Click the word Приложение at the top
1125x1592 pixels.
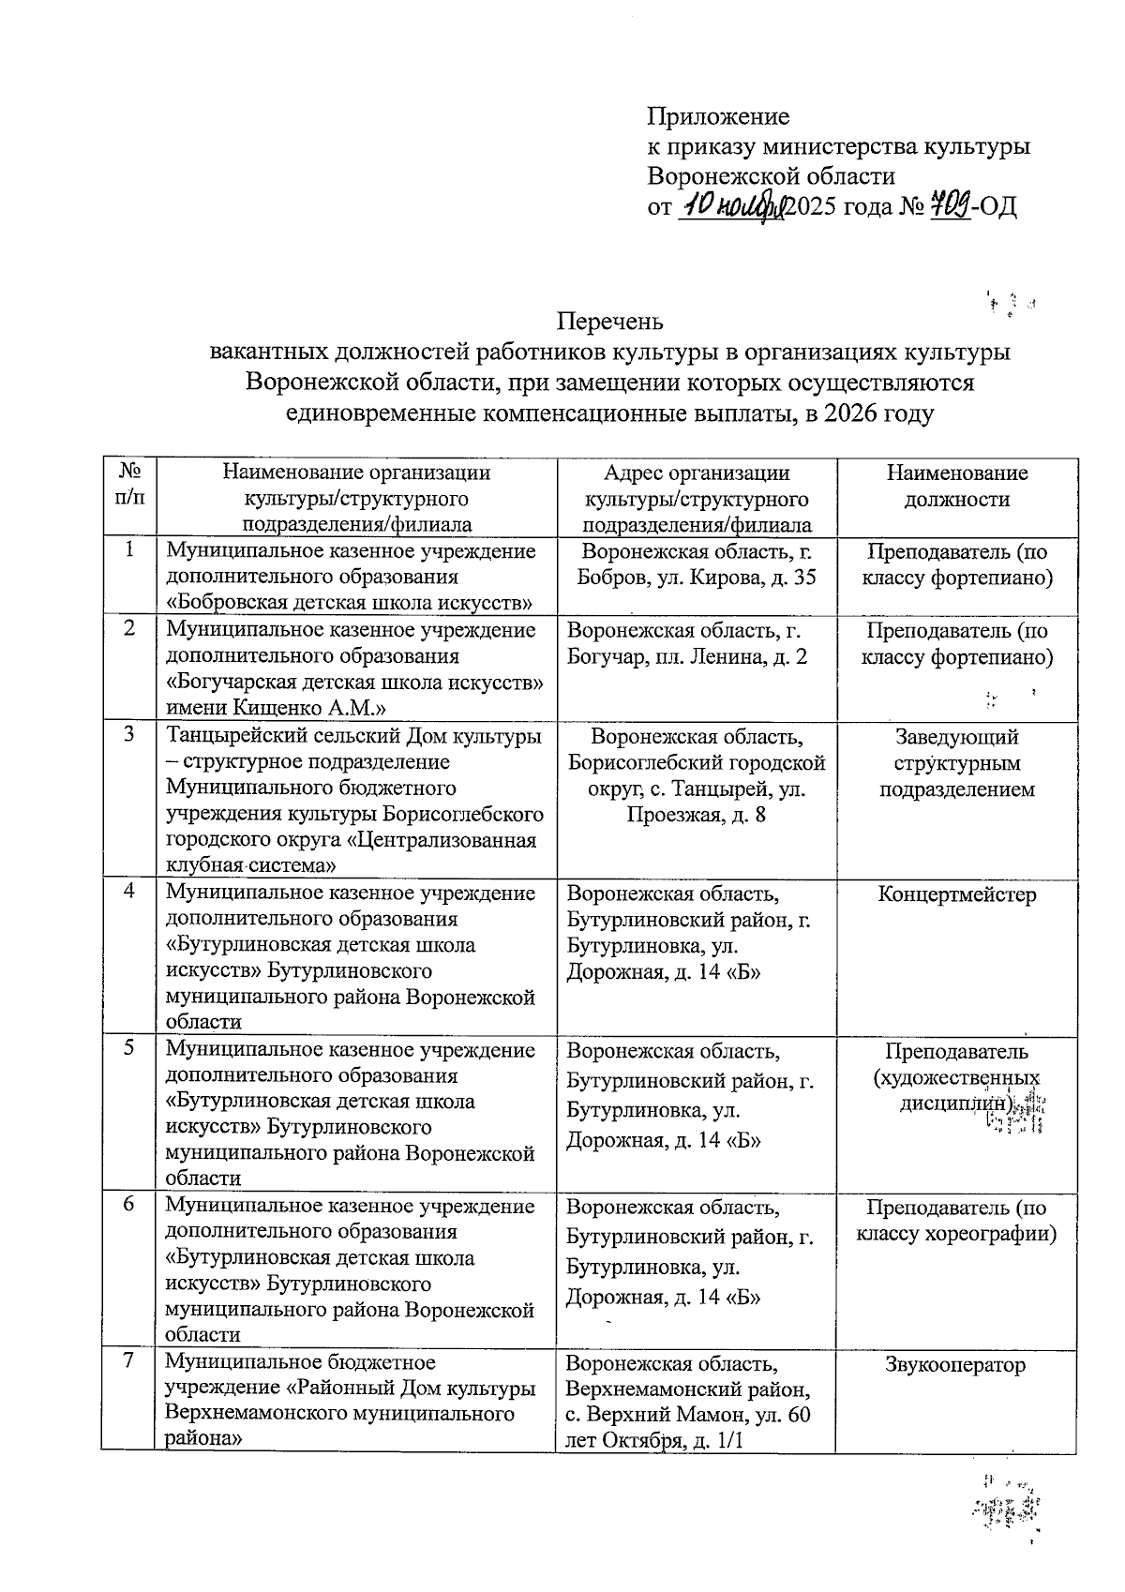click(x=718, y=117)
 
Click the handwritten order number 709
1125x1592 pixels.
click(x=948, y=204)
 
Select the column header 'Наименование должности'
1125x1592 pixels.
click(x=956, y=486)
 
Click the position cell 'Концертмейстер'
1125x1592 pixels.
click(x=956, y=894)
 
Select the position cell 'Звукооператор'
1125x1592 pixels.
click(x=956, y=1365)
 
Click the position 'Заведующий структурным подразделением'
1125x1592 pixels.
click(x=956, y=763)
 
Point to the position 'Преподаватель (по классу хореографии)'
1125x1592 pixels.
click(x=956, y=1221)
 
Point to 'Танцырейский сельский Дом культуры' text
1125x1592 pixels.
click(x=353, y=737)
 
